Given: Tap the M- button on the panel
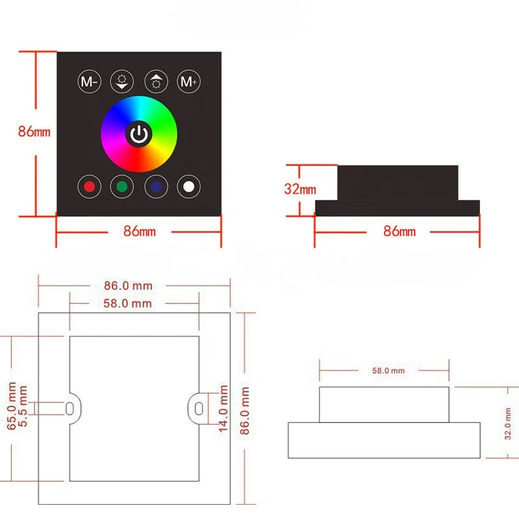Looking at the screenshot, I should coord(89,82).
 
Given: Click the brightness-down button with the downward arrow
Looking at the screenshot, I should coord(122,82).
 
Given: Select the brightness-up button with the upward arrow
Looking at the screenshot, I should coord(156,82).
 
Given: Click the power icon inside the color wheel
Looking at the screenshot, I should coord(139,134).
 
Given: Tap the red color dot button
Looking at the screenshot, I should coord(89,187).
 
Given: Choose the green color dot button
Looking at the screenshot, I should coord(122,187).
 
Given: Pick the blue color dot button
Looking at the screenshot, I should coord(156,187).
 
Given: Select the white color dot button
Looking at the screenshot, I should coord(189,187).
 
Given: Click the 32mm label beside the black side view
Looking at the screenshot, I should coord(300,189).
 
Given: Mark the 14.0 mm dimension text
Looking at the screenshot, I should coord(224,407).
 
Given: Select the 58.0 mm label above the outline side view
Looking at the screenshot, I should coord(389,370).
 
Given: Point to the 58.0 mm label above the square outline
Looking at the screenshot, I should coord(128,303).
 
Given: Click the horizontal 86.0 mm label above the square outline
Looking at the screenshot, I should coord(128,285).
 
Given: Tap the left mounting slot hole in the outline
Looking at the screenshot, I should coord(69,407).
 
